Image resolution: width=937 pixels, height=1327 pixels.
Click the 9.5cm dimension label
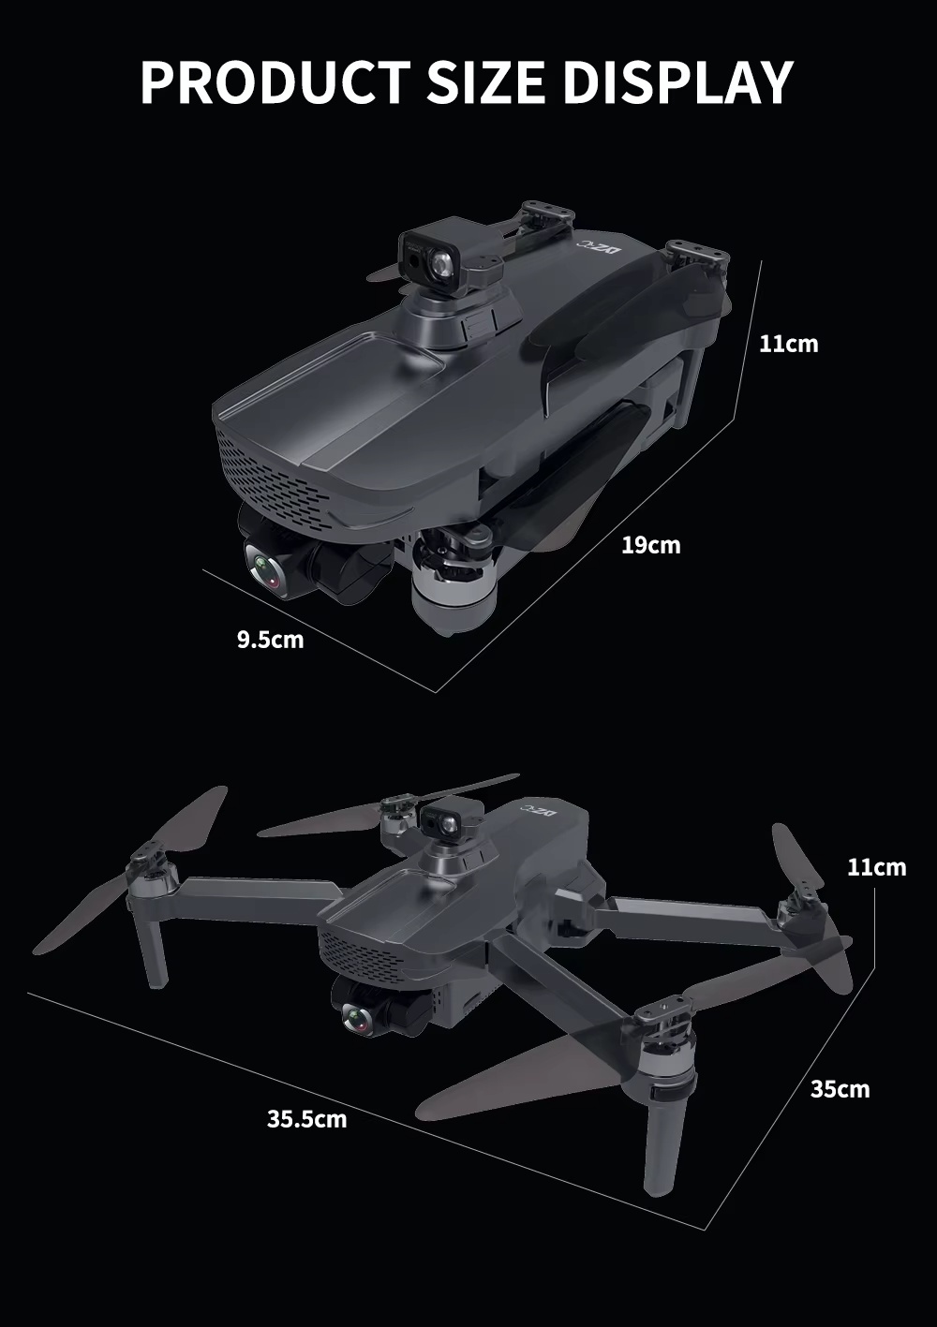coord(271,641)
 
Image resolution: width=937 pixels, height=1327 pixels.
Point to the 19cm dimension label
coord(651,544)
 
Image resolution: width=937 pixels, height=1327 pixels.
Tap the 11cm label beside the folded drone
coord(788,345)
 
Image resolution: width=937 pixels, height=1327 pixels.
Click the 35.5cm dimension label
coord(306,1118)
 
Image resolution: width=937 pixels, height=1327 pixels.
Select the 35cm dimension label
coord(840,1089)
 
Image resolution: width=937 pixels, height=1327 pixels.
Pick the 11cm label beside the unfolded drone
coord(877,868)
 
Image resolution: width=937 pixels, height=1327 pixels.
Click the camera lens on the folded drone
coord(267,569)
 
